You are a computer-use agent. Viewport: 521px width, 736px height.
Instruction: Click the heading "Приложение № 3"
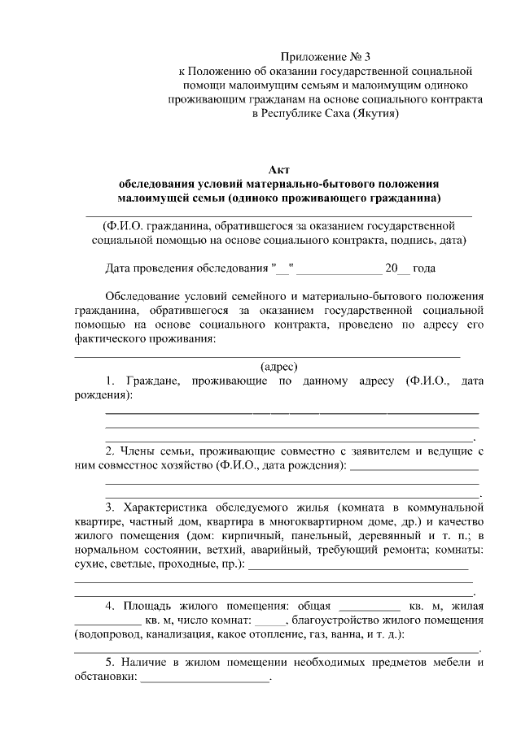325,57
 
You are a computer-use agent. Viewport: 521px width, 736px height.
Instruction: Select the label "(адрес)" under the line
278,366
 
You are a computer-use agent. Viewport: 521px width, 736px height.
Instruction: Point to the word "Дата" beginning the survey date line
120,268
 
